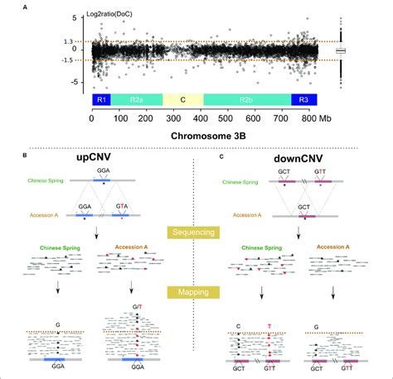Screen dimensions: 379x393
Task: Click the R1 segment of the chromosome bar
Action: click(101, 99)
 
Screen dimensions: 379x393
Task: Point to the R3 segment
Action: click(302, 99)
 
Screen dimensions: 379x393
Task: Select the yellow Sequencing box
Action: click(192, 233)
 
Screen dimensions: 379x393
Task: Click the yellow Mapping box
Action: click(192, 292)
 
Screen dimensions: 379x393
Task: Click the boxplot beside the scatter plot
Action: click(340, 51)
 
